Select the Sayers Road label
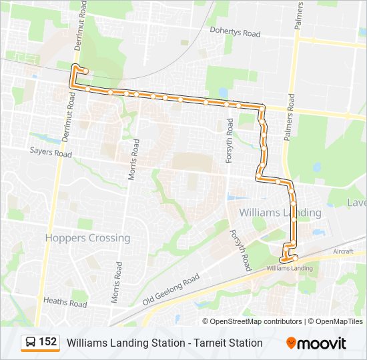(50, 153)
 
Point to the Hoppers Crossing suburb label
(87, 238)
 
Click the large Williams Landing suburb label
(280, 213)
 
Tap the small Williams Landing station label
(289, 268)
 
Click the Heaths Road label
(65, 303)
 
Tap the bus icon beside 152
(31, 343)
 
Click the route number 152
(47, 342)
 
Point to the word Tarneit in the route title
(208, 343)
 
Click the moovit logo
(316, 343)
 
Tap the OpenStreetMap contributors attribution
(256, 321)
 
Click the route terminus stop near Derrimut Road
(85, 71)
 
